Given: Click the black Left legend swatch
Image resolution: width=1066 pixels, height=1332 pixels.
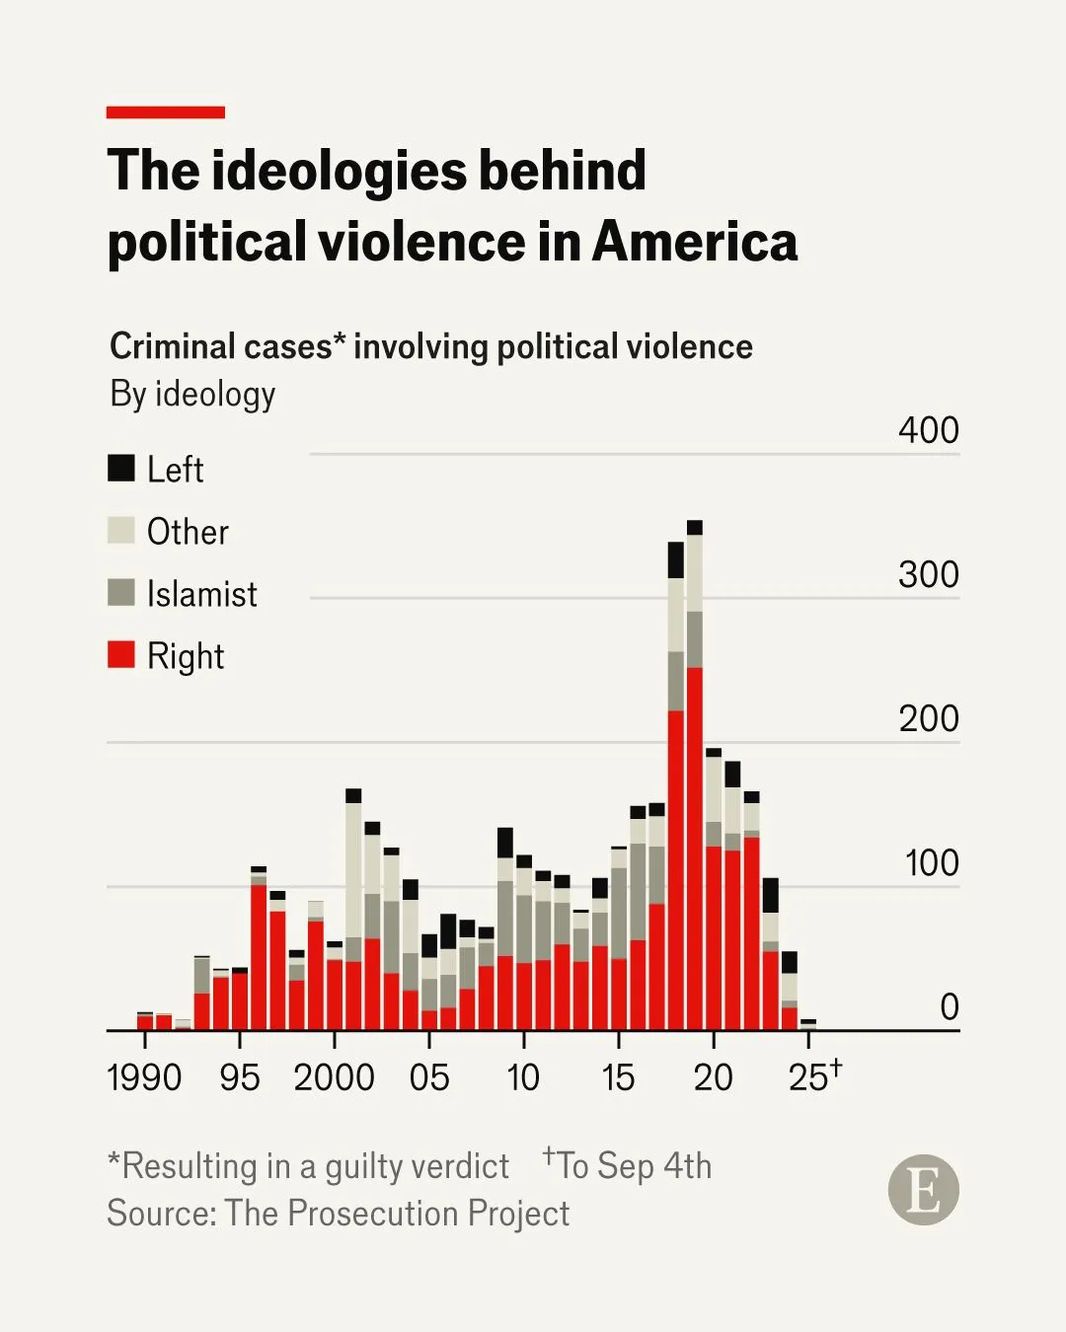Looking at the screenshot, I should (x=121, y=468).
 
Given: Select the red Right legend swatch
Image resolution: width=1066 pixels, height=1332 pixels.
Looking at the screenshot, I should (x=121, y=655).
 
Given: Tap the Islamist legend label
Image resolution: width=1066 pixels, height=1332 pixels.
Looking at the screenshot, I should (x=201, y=594).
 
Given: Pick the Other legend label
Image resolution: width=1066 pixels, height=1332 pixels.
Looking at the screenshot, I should (x=188, y=532).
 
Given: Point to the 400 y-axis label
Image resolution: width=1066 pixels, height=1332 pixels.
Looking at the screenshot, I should (x=928, y=430).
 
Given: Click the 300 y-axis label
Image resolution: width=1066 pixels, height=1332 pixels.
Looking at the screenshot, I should (x=928, y=574).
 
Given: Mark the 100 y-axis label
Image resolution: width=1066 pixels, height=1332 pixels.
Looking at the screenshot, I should (x=931, y=862).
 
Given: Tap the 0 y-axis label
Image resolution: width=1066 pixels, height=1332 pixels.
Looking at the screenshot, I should (x=949, y=1006).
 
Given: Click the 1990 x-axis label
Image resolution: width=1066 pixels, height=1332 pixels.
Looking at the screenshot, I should (x=144, y=1076).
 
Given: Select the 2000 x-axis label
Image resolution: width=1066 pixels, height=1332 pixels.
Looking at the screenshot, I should (x=334, y=1076).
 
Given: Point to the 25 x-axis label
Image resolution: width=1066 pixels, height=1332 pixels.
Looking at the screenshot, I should (x=809, y=1076).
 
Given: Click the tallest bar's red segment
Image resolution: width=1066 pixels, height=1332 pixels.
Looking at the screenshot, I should (x=695, y=849).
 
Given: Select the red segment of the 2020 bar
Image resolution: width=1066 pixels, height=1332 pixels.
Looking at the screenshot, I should (x=714, y=937).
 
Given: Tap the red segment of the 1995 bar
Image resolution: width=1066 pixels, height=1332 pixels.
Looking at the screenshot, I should (x=240, y=1001).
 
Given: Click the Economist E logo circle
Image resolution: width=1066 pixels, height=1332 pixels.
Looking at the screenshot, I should (x=923, y=1190).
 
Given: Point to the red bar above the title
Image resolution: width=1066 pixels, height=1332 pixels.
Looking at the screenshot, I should (x=166, y=112).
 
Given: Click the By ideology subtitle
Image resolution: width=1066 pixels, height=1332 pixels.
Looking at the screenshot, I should (x=192, y=394).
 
